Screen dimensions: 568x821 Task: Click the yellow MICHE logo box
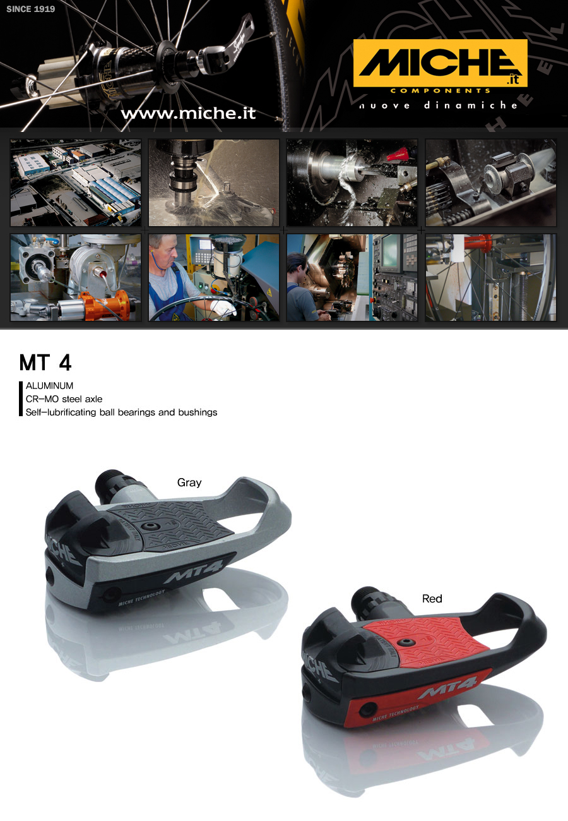click(x=440, y=63)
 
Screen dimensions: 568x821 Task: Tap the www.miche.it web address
click(x=188, y=113)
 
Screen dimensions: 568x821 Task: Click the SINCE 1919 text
click(x=31, y=9)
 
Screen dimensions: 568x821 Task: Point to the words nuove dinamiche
click(x=439, y=105)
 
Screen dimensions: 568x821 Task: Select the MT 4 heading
click(x=45, y=363)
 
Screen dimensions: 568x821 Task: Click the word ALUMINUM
click(x=49, y=386)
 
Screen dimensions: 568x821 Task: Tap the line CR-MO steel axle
click(x=64, y=399)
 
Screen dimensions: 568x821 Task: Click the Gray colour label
click(x=189, y=482)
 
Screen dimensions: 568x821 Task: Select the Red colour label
click(x=432, y=599)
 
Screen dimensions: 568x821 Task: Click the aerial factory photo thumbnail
click(x=76, y=183)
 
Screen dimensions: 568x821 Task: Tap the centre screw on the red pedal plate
click(x=405, y=642)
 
